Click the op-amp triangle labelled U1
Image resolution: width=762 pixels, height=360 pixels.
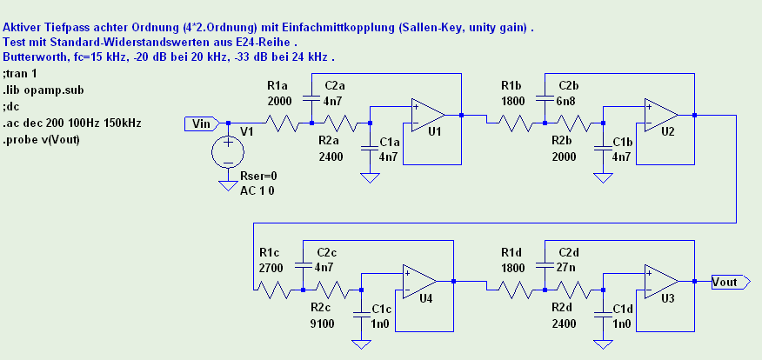(428, 114)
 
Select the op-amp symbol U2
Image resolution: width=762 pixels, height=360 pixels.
(661, 114)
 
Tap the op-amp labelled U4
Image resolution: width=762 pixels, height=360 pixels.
(419, 281)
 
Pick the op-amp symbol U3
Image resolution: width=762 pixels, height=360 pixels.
(661, 281)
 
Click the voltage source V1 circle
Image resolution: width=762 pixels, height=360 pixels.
(229, 154)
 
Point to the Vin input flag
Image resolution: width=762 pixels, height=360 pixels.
(201, 124)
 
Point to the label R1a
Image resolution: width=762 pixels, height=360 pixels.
(277, 85)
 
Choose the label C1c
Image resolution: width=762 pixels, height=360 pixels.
(383, 309)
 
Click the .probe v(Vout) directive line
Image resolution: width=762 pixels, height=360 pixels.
(41, 139)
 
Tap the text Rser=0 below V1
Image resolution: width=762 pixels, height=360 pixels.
(258, 176)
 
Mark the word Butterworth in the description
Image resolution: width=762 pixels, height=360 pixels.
(32, 57)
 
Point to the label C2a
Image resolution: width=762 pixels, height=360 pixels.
(335, 85)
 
